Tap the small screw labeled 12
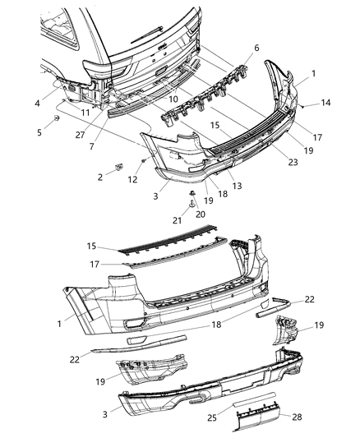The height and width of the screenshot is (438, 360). pyautogui.click(x=143, y=160)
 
